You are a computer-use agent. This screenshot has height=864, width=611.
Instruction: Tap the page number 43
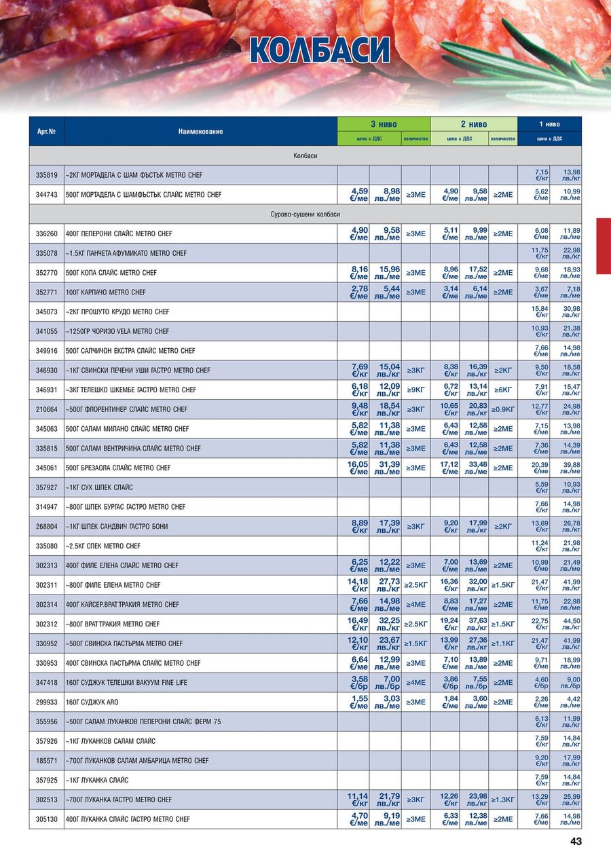[x=576, y=842]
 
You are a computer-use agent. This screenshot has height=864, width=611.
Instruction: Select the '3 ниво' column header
[x=384, y=124]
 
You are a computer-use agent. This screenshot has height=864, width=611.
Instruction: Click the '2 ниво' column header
[x=473, y=124]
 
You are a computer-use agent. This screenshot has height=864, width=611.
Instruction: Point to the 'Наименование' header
[x=200, y=131]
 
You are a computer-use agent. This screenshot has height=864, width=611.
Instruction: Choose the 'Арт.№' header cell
[x=46, y=131]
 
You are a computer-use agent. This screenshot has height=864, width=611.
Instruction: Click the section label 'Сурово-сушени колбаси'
[x=305, y=214]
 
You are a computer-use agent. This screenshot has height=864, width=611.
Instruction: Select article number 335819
[x=46, y=175]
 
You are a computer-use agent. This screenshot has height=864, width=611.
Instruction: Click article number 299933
[x=46, y=702]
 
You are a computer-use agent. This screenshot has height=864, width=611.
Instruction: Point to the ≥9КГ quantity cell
[x=415, y=390]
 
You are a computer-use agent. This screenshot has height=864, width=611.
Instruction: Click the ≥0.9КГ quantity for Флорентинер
[x=503, y=409]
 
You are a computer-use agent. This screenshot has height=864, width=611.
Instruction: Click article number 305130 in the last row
[x=46, y=819]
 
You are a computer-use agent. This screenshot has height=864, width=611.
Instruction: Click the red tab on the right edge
[x=603, y=246]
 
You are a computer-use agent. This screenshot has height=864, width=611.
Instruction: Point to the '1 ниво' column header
[x=549, y=124]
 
